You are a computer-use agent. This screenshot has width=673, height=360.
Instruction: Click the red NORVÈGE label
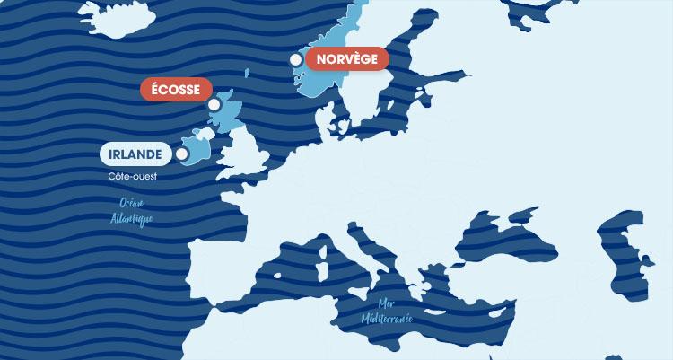tap(346, 59)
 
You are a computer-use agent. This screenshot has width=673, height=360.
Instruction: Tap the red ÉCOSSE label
tap(176, 90)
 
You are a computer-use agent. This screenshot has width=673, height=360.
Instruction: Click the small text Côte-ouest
tap(132, 177)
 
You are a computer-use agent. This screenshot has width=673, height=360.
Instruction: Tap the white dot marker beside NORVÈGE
tap(296, 59)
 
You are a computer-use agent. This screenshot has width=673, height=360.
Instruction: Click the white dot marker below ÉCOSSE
tap(214, 105)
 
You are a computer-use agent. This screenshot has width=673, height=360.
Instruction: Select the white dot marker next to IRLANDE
tap(182, 154)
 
